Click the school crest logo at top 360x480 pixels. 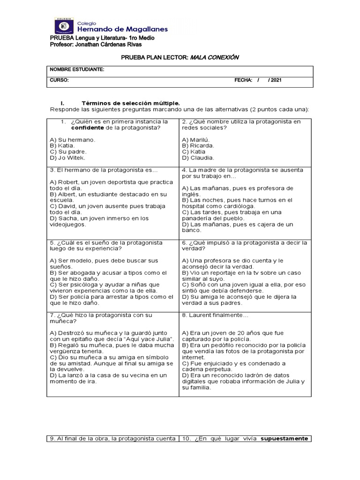click(64, 24)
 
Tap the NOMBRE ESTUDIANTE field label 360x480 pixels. click(77, 70)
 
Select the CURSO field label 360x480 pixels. click(60, 80)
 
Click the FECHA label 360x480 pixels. click(243, 80)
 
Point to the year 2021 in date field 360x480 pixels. click(276, 80)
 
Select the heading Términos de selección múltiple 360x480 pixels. click(130, 103)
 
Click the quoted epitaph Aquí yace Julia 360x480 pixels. click(150, 339)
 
